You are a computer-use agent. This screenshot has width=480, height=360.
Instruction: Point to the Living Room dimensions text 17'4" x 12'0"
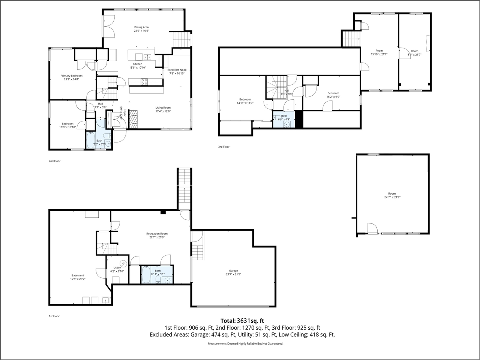(163, 111)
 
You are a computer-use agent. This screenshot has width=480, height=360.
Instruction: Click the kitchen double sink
(148, 57)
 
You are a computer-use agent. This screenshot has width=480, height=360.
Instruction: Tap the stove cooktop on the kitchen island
(144, 81)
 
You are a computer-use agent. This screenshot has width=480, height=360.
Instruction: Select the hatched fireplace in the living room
(133, 119)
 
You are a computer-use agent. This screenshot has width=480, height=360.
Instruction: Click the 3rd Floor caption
(223, 147)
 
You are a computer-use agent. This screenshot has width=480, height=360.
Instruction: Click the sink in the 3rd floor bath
(286, 124)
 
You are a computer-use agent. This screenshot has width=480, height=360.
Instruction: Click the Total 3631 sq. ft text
(242, 321)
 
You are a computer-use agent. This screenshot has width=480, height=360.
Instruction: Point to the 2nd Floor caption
(54, 161)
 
